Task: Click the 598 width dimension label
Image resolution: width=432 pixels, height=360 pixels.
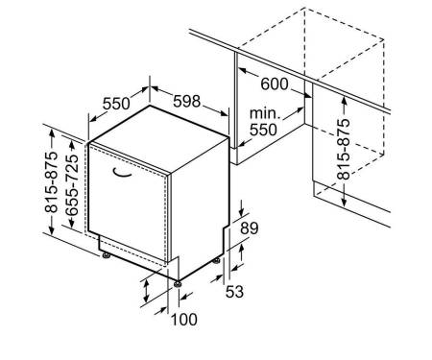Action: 186,101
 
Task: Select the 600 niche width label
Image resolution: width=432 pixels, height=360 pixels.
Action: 275,84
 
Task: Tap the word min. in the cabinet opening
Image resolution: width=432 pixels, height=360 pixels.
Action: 265,113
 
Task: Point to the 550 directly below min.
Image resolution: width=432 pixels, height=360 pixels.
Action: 263,130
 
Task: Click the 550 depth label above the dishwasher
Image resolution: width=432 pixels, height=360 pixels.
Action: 116,104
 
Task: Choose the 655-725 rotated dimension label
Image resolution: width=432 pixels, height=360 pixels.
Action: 72,184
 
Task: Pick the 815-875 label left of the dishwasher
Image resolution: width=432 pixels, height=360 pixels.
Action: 51,182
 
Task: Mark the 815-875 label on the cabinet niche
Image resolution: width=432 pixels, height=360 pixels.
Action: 344,149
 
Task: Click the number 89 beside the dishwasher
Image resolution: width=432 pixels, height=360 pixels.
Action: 249,228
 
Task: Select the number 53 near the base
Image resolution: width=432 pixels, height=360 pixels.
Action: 234,292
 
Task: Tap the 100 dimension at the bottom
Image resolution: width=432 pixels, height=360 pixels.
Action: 184,320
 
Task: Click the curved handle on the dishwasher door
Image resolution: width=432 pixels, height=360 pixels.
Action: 122,173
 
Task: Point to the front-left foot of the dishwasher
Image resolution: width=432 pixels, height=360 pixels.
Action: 106,255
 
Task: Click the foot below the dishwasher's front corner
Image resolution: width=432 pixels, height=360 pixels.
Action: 177,284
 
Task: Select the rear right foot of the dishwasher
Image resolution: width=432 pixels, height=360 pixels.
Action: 217,260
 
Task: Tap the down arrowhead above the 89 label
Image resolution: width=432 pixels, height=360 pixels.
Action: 241,212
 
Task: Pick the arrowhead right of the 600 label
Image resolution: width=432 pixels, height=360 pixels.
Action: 307,95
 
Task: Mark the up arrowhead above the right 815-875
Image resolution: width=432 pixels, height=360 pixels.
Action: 344,101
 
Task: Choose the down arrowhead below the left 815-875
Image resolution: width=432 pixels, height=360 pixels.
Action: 52,230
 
